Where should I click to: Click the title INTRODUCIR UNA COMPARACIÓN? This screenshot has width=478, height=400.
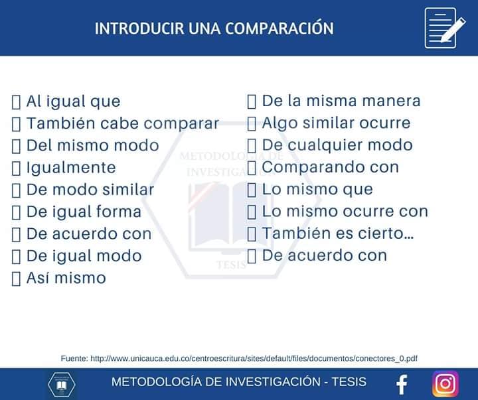214,29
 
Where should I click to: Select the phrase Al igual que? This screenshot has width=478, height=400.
73,101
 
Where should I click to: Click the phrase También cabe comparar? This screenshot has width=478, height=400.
122,123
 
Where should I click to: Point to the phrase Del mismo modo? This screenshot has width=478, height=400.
92,145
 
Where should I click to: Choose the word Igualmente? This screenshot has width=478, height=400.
70,168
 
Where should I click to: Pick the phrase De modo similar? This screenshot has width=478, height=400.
90,190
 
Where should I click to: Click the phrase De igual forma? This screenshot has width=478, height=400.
84,212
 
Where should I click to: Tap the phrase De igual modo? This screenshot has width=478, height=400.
84,256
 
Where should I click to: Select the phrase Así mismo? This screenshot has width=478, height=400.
66,278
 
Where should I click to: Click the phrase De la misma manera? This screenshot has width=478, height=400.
341,101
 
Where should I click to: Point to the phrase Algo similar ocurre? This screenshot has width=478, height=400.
336,123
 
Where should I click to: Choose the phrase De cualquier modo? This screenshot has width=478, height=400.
337,145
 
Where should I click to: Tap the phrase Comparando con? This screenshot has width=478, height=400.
330,167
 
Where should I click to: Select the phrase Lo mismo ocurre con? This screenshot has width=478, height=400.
345,212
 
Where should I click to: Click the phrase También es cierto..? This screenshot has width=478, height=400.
338,233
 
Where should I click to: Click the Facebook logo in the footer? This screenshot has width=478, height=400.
401,384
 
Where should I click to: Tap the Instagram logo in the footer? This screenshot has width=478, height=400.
445,384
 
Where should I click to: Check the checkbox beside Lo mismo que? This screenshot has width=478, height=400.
252,190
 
